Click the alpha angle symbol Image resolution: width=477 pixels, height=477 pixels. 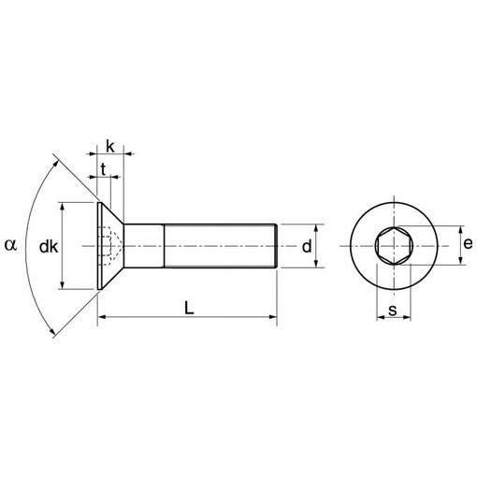tap(10, 245)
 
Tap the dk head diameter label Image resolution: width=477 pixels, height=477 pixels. tap(49, 247)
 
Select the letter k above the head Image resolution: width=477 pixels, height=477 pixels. tap(110, 147)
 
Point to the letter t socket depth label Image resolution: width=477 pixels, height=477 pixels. tap(103, 169)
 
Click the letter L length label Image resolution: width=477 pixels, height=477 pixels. tap(189, 308)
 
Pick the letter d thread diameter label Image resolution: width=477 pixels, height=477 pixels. tap(307, 246)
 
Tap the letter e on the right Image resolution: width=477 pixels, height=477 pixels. tap(468, 244)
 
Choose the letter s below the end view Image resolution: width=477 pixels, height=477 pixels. tap(393, 311)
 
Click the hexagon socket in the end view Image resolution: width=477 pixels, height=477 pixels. tap(395, 246)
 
